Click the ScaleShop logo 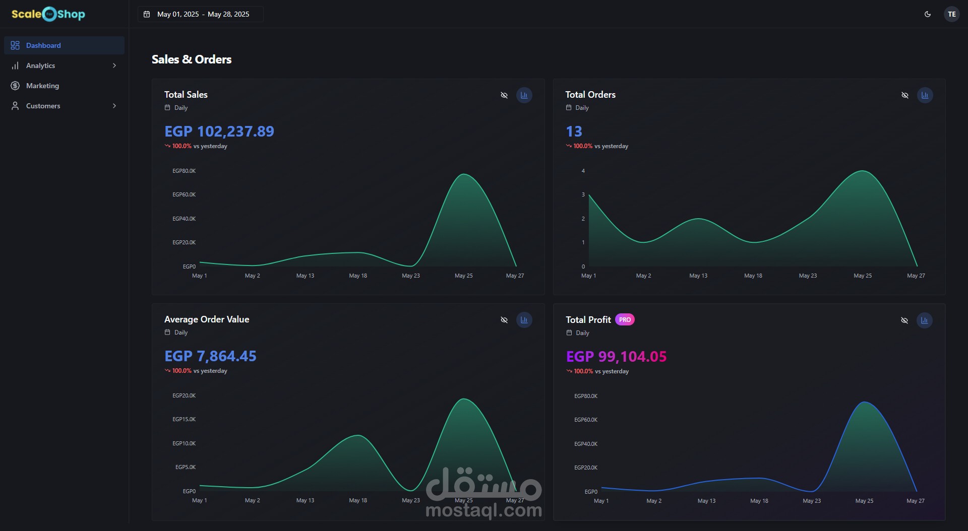click(x=48, y=14)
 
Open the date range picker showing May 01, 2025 click(x=200, y=14)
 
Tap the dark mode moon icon click(x=928, y=14)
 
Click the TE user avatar click(x=951, y=14)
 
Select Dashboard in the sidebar click(x=43, y=45)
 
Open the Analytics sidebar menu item click(x=41, y=65)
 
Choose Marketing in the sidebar click(x=42, y=86)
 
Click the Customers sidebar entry click(x=43, y=106)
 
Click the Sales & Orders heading click(x=192, y=59)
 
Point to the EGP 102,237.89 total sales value click(x=219, y=131)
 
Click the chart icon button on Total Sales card click(x=524, y=95)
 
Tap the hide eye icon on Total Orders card click(x=905, y=95)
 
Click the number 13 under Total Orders click(x=574, y=131)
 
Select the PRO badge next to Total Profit click(x=625, y=320)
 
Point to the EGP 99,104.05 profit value click(x=616, y=357)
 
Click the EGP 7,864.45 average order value click(x=210, y=356)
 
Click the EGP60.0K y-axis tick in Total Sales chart click(x=184, y=194)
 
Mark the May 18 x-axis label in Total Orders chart click(x=753, y=276)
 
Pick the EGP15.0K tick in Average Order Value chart click(x=184, y=419)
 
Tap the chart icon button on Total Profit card click(x=924, y=320)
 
